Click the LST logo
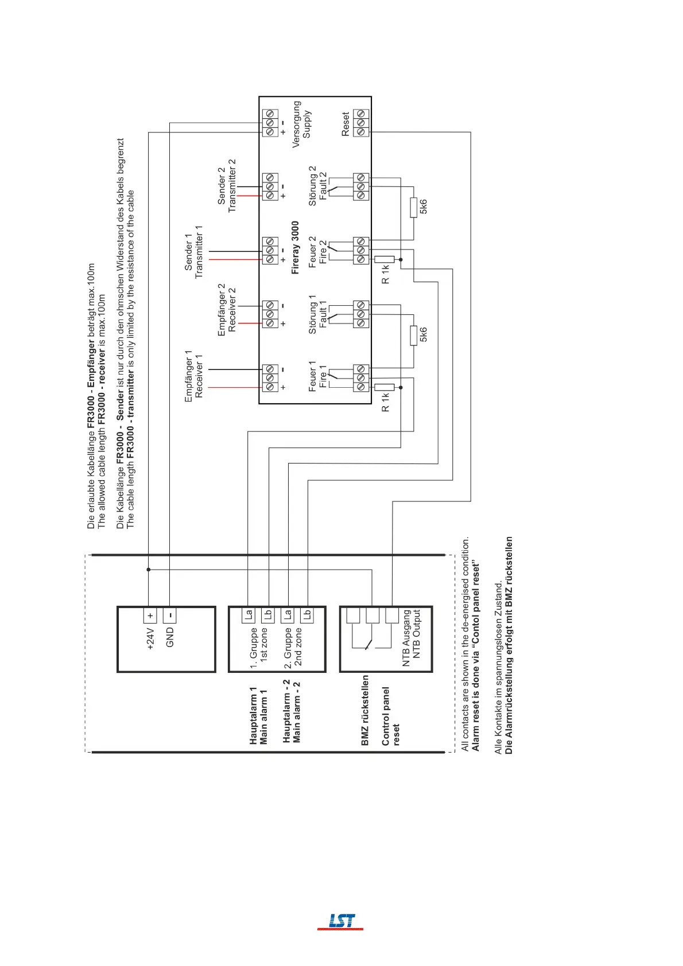(341, 921)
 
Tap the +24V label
(150, 638)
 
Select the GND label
(170, 637)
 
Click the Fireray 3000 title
(295, 247)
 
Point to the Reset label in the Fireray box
(346, 124)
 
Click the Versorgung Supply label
(301, 124)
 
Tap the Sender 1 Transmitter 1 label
(193, 252)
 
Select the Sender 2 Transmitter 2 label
(227, 186)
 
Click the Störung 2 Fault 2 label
(317, 186)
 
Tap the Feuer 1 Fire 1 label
(317, 376)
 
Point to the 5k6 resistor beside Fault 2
(413, 208)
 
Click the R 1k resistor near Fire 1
(385, 387)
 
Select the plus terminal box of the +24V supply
(150, 616)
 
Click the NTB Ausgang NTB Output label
(412, 637)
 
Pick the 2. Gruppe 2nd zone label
(293, 647)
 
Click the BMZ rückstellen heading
(365, 710)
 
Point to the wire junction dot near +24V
(149, 570)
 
